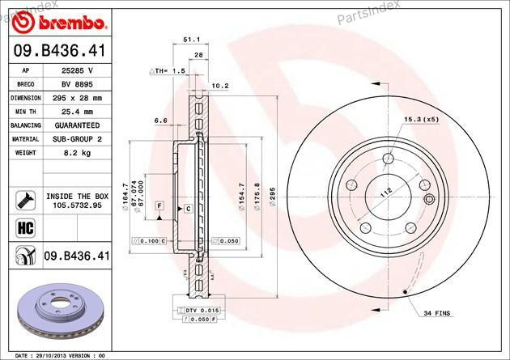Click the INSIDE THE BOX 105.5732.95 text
77,201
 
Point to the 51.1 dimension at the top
192,39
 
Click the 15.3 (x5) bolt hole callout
420,119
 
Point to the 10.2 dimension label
219,85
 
